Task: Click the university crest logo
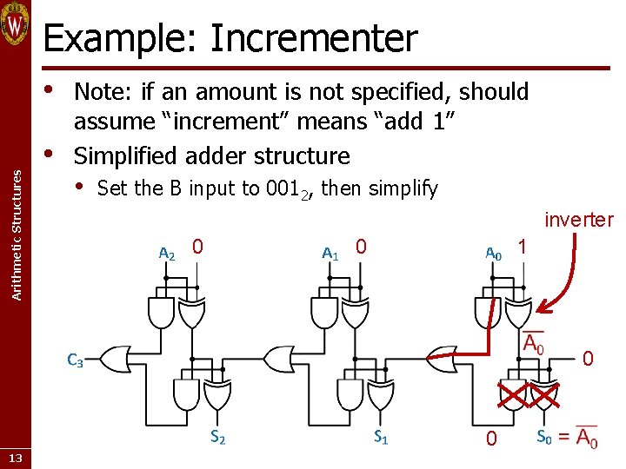click(x=16, y=24)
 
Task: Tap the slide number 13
click(x=17, y=458)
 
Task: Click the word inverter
click(x=578, y=221)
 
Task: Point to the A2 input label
click(x=166, y=254)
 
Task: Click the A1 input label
click(x=330, y=254)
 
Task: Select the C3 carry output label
click(x=75, y=361)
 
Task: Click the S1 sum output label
click(x=381, y=439)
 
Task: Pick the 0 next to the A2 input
click(x=198, y=248)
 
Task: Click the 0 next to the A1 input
click(x=361, y=248)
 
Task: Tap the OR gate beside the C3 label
click(x=113, y=357)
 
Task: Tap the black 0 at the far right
click(x=588, y=358)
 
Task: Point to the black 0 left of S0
click(x=491, y=439)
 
